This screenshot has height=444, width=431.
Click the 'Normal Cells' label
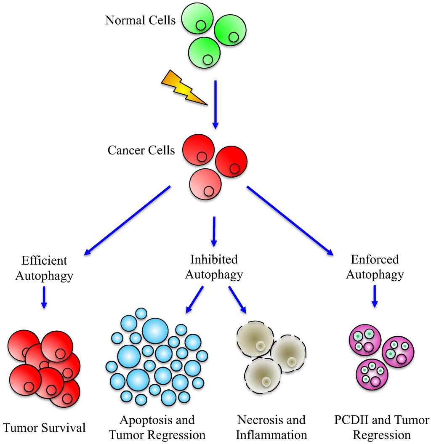140,20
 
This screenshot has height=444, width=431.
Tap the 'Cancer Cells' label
141,150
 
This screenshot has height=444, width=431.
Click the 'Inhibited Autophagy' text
214,267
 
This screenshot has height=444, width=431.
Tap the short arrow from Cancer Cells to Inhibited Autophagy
214,231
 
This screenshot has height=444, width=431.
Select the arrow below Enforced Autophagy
374,297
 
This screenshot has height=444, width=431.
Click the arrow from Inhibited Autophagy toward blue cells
194,300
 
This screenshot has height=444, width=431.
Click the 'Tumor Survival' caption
44,428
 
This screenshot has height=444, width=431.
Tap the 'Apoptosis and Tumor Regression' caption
157,427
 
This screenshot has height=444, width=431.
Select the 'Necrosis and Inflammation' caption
271,427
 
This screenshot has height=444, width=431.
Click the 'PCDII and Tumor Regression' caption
382,427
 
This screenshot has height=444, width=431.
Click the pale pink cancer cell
205,184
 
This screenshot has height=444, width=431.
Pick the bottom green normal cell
204,52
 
